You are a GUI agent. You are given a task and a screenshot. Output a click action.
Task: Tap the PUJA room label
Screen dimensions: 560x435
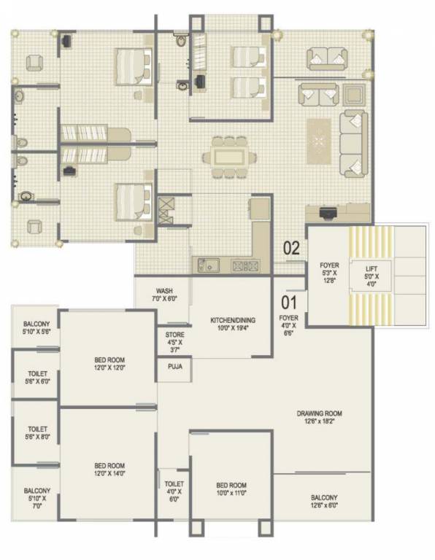(174, 367)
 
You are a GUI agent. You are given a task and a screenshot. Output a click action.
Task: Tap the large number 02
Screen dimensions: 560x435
(291, 248)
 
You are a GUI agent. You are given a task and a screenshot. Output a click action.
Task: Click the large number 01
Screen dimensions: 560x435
(290, 298)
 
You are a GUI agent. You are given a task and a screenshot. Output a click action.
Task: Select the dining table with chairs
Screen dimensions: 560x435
(229, 155)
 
